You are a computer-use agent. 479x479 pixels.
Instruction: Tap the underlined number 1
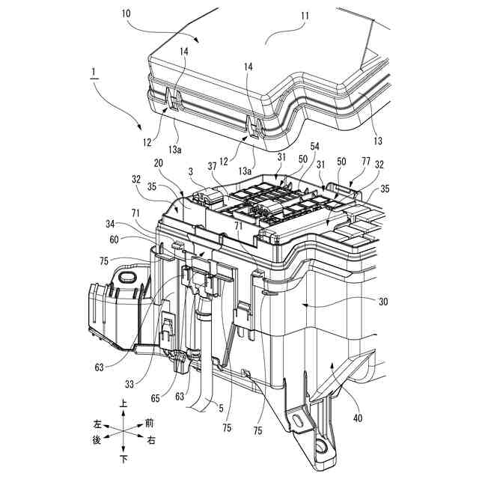[x=93, y=73]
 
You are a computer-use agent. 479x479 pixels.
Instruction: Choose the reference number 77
[x=365, y=160]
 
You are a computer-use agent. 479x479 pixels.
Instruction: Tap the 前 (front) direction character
[x=150, y=422]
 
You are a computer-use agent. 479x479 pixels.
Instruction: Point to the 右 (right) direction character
[x=151, y=441]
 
